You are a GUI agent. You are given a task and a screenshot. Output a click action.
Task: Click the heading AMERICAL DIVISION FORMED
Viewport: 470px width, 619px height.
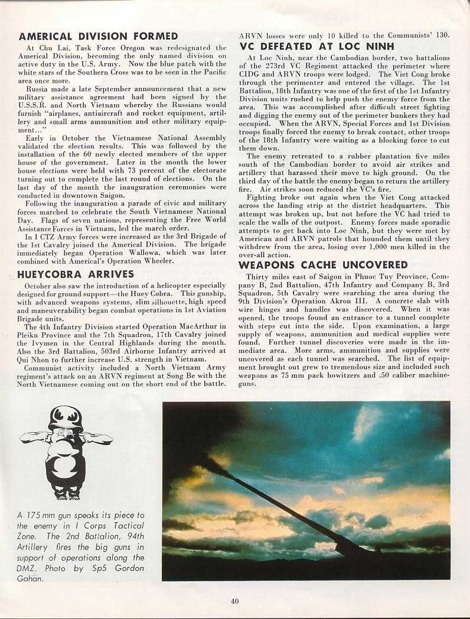pyautogui.click(x=98, y=36)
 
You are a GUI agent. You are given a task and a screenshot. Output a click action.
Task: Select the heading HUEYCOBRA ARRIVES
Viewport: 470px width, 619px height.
pyautogui.click(x=76, y=274)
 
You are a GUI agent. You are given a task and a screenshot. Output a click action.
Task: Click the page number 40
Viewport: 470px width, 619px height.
pyautogui.click(x=235, y=602)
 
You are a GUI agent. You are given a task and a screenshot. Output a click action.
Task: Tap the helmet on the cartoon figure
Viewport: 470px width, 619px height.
pyautogui.click(x=66, y=417)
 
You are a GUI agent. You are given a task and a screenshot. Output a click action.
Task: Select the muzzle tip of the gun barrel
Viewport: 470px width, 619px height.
pyautogui.click(x=204, y=457)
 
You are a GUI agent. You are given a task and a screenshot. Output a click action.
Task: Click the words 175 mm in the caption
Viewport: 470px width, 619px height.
pyautogui.click(x=44, y=516)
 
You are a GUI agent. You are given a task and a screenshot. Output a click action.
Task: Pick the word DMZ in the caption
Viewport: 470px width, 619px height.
pyautogui.click(x=27, y=568)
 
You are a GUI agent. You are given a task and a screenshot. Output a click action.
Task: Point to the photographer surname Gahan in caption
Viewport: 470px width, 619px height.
pyautogui.click(x=31, y=578)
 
